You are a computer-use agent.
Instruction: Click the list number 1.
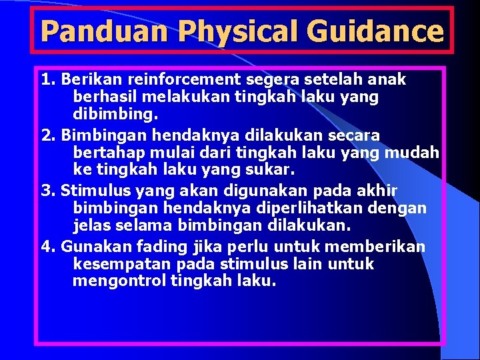click(46, 80)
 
